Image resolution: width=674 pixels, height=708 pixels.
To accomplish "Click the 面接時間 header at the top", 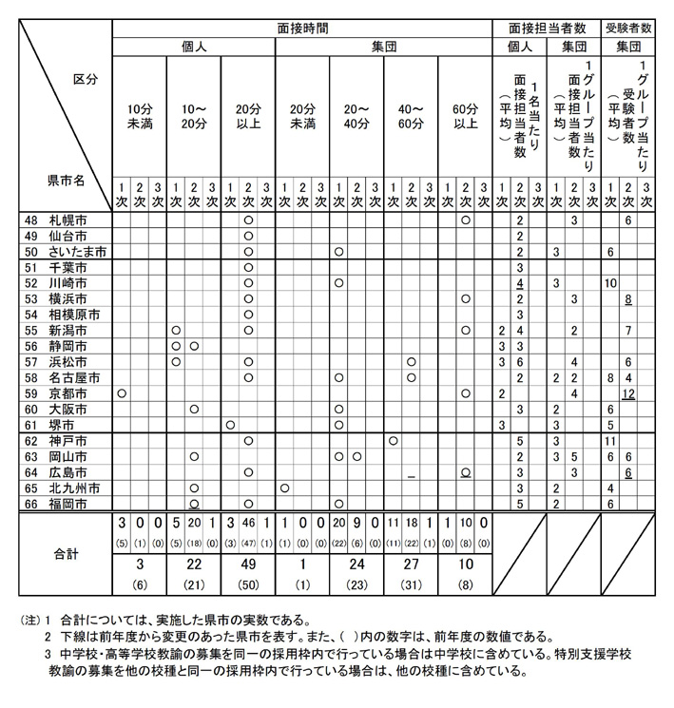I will tap(301, 28).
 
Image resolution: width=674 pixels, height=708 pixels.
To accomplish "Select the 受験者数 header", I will tap(628, 28).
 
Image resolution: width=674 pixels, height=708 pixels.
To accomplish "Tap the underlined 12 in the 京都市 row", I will tap(628, 393).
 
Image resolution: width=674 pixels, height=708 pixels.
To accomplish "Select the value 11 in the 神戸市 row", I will tap(611, 441).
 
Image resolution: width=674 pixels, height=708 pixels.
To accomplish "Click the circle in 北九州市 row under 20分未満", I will tap(283, 488).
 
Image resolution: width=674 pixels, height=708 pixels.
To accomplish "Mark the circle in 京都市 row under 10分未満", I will tap(121, 392).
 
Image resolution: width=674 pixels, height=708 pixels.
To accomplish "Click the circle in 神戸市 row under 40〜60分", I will tap(393, 441).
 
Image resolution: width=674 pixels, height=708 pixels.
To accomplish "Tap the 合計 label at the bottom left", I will tap(67, 550).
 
